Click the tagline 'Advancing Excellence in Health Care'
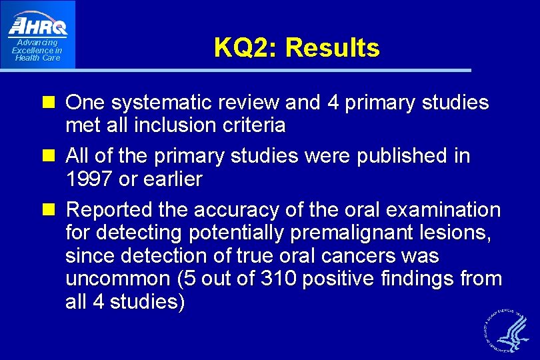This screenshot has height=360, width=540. point(37,51)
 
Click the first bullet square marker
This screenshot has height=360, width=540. point(53,103)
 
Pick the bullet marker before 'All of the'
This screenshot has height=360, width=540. point(53,157)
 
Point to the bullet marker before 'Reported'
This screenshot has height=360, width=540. point(53,210)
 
